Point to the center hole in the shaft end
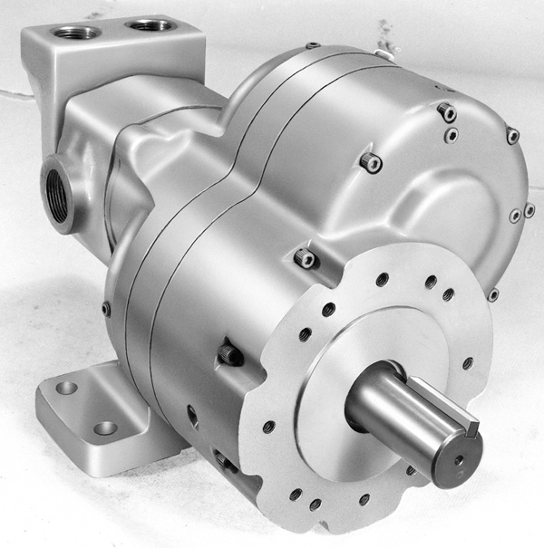click(458, 460)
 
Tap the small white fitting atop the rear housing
click(385, 54)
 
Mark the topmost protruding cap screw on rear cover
click(445, 112)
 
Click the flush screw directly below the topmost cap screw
click(451, 136)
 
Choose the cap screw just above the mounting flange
click(306, 258)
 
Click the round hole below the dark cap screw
click(192, 416)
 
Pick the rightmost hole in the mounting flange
click(468, 363)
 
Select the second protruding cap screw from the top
click(370, 162)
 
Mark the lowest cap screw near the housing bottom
click(224, 462)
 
